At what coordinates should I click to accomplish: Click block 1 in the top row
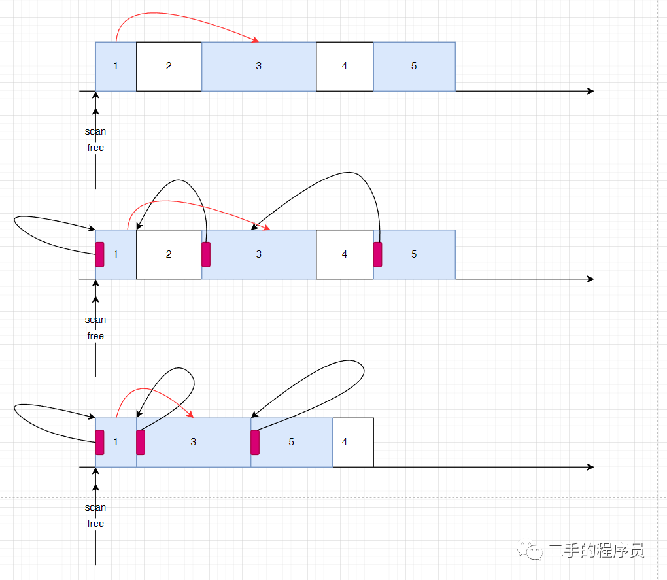116,66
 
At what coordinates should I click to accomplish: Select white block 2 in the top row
169,66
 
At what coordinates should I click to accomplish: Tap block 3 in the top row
258,66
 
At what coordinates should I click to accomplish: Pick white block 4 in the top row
345,66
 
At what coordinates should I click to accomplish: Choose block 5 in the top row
414,66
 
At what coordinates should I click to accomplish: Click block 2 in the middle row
169,254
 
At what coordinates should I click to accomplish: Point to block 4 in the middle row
345,254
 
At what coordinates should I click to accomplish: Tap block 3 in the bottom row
194,442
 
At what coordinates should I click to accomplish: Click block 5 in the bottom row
292,442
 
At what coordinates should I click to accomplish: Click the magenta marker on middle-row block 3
206,254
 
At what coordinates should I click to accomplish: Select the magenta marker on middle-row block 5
378,254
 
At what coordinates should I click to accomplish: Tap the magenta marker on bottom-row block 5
255,442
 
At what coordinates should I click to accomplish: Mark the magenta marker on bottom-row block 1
100,442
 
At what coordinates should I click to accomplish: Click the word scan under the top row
95,131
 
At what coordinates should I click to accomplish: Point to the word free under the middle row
95,336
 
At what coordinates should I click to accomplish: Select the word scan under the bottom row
95,507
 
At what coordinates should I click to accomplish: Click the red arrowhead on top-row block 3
256,41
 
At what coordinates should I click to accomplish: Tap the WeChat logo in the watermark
530,551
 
